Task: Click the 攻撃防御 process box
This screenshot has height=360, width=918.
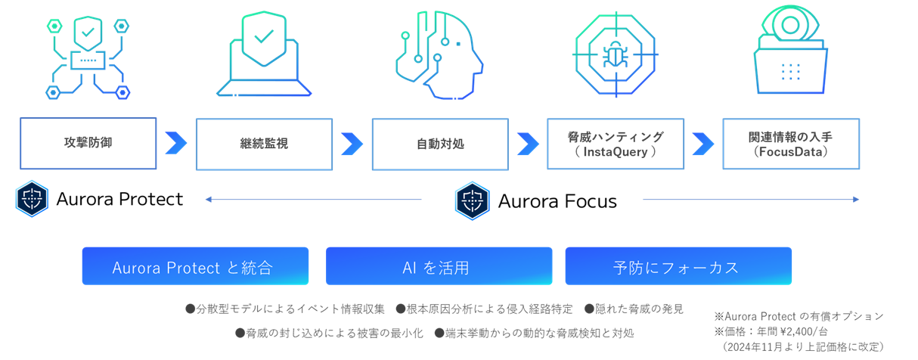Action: tap(88, 143)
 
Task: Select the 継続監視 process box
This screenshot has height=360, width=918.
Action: tap(264, 144)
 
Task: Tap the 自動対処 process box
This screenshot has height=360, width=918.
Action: tap(440, 144)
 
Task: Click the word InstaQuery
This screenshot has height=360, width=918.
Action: tap(615, 151)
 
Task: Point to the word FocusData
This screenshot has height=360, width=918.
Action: tap(791, 151)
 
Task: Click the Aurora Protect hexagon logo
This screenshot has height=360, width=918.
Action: tap(32, 199)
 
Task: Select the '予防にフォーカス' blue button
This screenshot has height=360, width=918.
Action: tap(678, 266)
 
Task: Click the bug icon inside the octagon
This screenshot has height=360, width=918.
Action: tap(614, 54)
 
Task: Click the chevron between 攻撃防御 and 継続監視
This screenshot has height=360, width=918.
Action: tap(176, 143)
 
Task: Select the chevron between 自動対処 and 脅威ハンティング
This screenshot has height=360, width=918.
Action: tap(528, 143)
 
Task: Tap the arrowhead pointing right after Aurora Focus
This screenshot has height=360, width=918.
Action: tap(856, 200)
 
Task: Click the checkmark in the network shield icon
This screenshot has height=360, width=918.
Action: tap(88, 33)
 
